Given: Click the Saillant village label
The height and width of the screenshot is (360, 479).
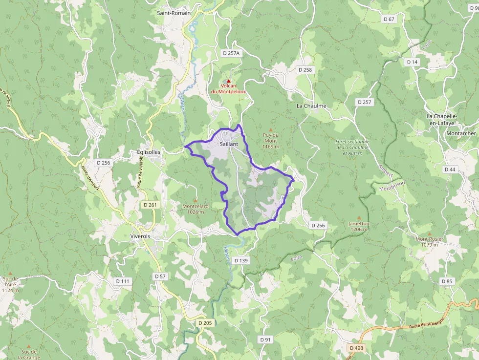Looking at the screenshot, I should (229, 144).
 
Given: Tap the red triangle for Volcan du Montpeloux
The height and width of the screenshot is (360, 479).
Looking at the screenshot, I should (228, 81).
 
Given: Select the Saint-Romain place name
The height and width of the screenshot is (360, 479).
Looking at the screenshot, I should (174, 13).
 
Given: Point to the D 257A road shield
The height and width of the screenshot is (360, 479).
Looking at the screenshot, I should (231, 53).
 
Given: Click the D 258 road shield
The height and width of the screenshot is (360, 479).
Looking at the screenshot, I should (305, 70).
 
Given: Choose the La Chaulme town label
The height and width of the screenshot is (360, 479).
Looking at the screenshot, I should (311, 106).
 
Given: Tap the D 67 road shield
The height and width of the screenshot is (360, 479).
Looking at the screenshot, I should (389, 19).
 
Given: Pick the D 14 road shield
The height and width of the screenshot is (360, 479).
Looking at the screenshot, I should (412, 62).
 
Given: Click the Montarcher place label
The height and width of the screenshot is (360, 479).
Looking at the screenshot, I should (461, 133).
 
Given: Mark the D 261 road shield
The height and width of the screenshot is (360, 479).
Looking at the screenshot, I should (150, 205).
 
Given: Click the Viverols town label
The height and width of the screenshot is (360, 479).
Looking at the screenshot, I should (141, 235).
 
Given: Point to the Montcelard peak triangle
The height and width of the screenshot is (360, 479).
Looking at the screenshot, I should (196, 200).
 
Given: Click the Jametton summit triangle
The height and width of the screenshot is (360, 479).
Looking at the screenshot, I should (359, 218).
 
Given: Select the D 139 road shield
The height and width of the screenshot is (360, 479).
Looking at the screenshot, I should (241, 260).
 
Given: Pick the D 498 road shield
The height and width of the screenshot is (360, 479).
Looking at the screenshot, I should (356, 347).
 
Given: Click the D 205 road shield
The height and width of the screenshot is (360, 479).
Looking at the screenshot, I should (206, 323).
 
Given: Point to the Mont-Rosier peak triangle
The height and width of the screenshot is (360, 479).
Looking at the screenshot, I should (429, 233).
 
